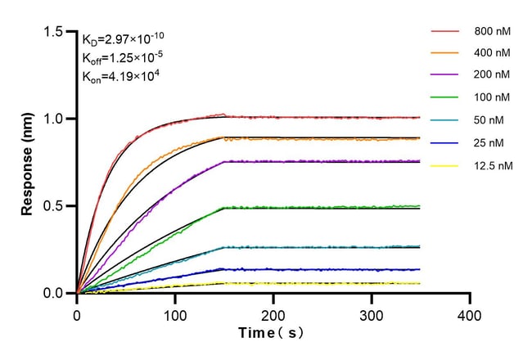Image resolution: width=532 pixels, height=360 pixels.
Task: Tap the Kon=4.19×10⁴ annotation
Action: [118, 78]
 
